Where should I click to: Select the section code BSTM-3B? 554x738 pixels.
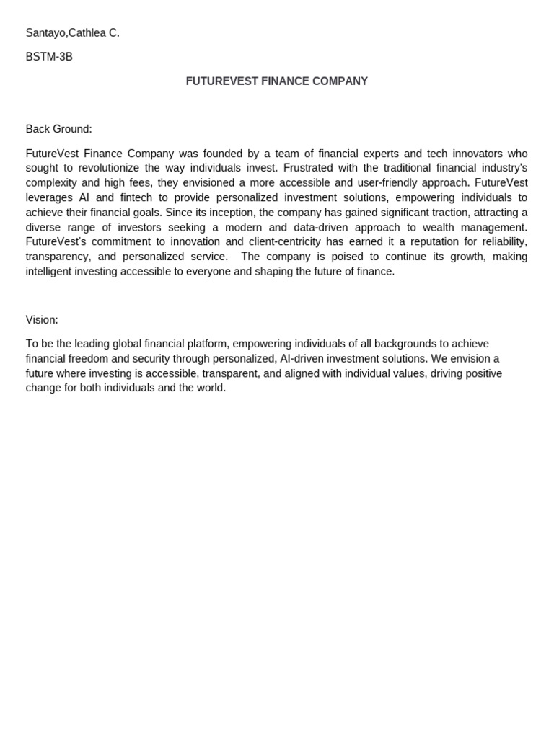click(x=49, y=57)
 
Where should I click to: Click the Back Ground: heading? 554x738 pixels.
click(x=58, y=129)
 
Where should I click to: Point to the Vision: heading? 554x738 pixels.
click(x=42, y=320)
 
